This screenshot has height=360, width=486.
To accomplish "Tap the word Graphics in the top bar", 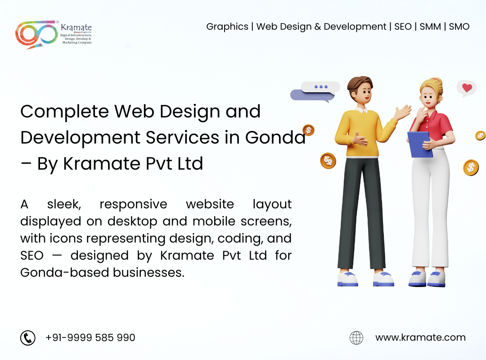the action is tap(227, 27).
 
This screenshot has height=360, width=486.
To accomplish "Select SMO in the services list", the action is tap(459, 27).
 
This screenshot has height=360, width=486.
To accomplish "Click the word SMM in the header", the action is tap(430, 27).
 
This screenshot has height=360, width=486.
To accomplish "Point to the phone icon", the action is tap(28, 337).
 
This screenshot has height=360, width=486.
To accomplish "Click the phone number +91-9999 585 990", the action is tap(90, 337).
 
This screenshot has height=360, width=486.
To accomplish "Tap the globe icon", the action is tap(356, 337).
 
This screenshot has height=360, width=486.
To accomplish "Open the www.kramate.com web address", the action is tap(420, 337).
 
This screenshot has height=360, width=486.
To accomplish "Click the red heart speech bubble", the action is tap(467, 88).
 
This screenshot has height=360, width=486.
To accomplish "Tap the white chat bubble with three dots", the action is tap(320, 87).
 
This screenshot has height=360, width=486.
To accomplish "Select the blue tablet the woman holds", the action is tap(420, 144).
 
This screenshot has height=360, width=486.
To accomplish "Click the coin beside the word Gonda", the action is tap(308, 130).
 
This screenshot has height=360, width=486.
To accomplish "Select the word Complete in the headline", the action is tap(65, 112).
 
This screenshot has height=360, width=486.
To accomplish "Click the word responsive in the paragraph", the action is tap(133, 205).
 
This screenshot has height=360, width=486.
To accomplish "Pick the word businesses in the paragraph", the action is tap(149, 273).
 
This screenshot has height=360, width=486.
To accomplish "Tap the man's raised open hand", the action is tap(403, 112).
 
